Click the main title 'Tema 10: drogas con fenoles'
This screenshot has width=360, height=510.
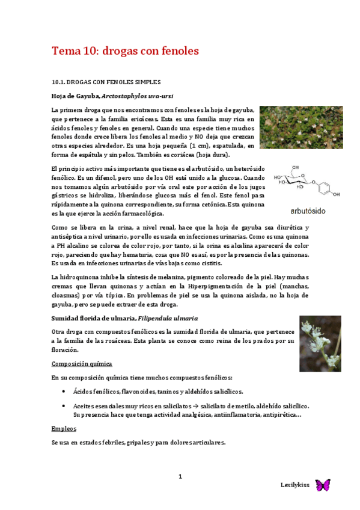coord(125,51)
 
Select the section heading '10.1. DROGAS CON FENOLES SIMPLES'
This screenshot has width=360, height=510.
coord(106,81)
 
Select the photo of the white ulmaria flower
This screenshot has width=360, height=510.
coord(320,343)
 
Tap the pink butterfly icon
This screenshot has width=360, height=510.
coord(323,485)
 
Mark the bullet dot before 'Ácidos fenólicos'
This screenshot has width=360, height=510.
coord(64,391)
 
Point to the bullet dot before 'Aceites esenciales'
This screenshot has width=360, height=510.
coord(64,406)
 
